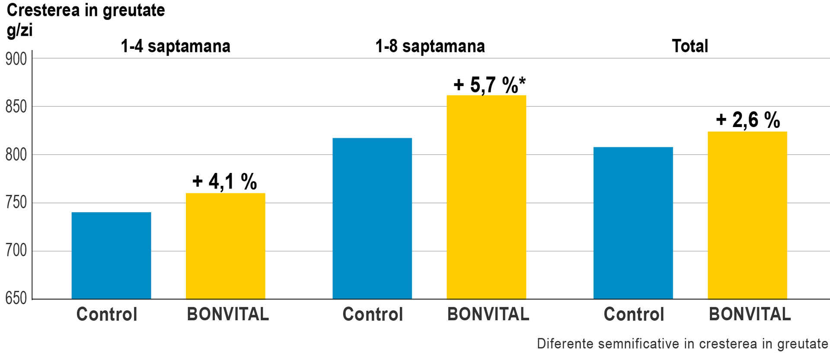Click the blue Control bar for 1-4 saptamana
coord(111,255)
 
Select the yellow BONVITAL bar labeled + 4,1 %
coord(225,246)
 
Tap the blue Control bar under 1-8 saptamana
coord(372,218)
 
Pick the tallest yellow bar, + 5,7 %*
coord(486,197)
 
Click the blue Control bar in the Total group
coord(633,223)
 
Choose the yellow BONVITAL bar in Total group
coord(747,215)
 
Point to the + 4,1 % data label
coord(225,182)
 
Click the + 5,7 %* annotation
coord(489,85)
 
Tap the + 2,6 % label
coord(748,120)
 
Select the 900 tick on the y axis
coord(16,59)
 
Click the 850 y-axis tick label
coord(16,107)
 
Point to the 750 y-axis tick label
coord(16,203)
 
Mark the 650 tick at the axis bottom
coord(16,298)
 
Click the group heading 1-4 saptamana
coord(175,46)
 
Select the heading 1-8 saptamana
coord(430,46)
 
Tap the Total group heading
coord(690,46)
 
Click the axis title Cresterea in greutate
coord(86,10)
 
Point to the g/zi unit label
coord(19,30)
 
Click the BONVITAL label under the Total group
coord(750,314)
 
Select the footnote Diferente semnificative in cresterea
coord(682,344)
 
